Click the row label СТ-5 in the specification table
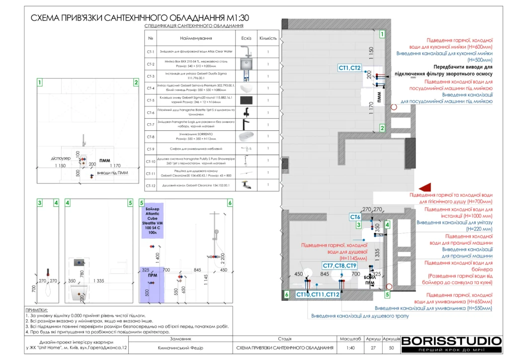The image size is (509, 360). tap(150, 100)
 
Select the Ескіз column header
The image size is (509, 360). tap(247, 38)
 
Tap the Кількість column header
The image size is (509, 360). tap(268, 38)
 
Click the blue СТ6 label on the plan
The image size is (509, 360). tap(355, 217)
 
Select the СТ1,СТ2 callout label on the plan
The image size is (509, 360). tap(350, 68)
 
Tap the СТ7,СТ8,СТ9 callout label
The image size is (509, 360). tap(339, 266)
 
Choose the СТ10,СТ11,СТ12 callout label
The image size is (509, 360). tap(318, 294)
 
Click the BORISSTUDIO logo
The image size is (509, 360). tap(451, 341)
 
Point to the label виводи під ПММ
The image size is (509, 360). tap(111, 174)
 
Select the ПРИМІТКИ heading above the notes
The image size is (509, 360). tap(38, 309)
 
